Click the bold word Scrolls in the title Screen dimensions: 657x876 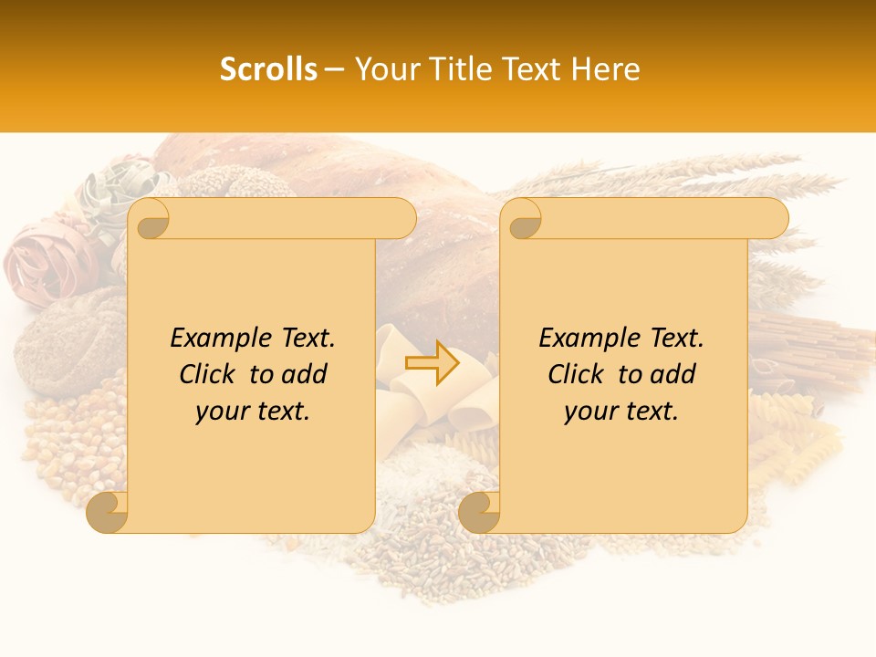(x=269, y=69)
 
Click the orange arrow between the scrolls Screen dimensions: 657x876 (x=432, y=362)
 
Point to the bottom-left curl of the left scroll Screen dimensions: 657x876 (x=108, y=513)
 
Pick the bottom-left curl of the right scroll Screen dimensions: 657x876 (x=479, y=513)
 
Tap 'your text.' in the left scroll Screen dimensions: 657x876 (x=253, y=412)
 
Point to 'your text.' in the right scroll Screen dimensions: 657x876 (x=621, y=412)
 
